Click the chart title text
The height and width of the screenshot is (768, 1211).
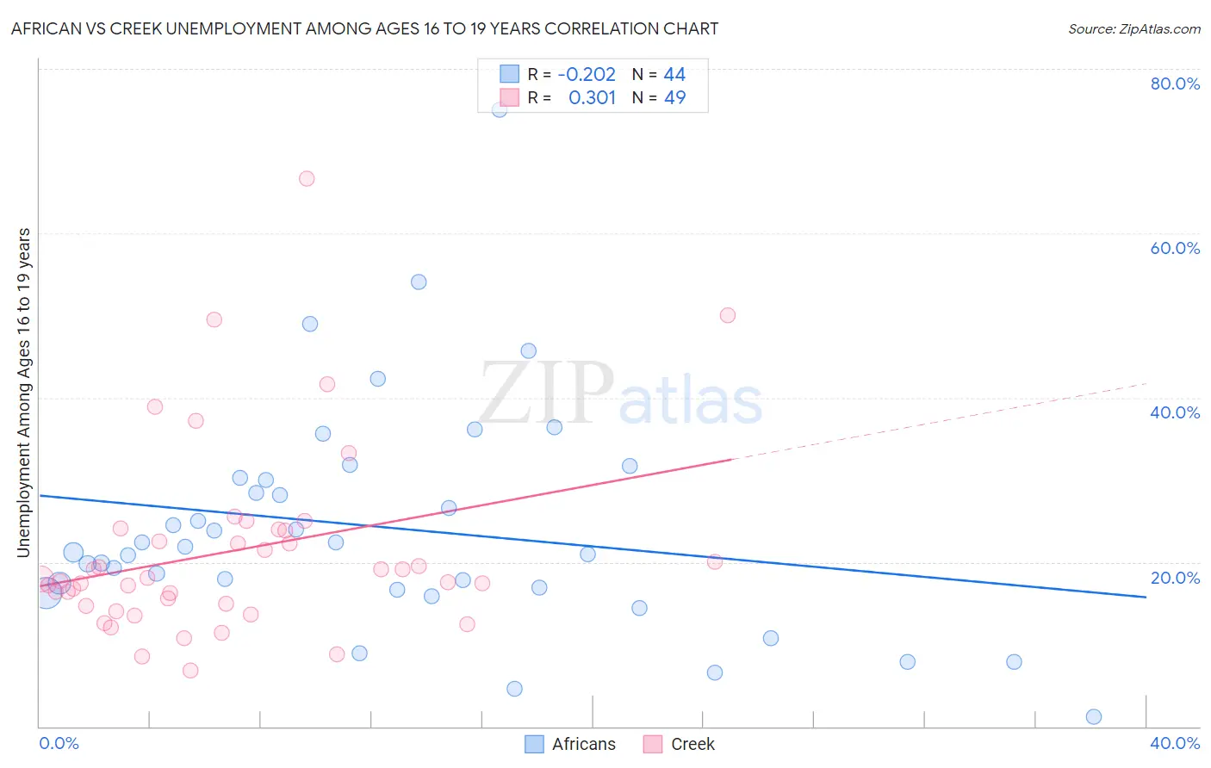pyautogui.click(x=364, y=28)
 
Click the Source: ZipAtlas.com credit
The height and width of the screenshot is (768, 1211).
pyautogui.click(x=1133, y=28)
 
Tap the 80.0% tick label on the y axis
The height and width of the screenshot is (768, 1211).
pyautogui.click(x=1175, y=84)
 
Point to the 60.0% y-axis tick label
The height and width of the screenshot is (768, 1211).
pyautogui.click(x=1175, y=248)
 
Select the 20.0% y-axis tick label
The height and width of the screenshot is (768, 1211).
pyautogui.click(x=1175, y=578)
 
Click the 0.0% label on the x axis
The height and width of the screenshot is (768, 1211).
pyautogui.click(x=59, y=743)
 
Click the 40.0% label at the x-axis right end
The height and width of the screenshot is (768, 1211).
pyautogui.click(x=1175, y=743)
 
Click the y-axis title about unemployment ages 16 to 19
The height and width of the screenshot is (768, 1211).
pyautogui.click(x=23, y=392)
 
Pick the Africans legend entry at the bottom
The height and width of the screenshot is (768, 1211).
pyautogui.click(x=571, y=744)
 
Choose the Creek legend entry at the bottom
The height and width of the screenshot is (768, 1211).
pyautogui.click(x=680, y=744)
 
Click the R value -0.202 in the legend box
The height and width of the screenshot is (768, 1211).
pyautogui.click(x=587, y=75)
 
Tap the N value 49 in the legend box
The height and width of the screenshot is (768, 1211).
pyautogui.click(x=674, y=98)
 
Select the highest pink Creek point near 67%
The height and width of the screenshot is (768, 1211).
pyautogui.click(x=307, y=179)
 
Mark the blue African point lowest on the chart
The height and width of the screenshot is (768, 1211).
pyautogui.click(x=1094, y=716)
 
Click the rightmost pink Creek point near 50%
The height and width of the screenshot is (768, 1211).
pyautogui.click(x=728, y=315)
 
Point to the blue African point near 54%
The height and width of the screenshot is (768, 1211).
pyautogui.click(x=419, y=282)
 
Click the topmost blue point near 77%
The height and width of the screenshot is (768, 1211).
pyautogui.click(x=500, y=109)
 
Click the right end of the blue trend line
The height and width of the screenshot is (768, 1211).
pyautogui.click(x=1145, y=597)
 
